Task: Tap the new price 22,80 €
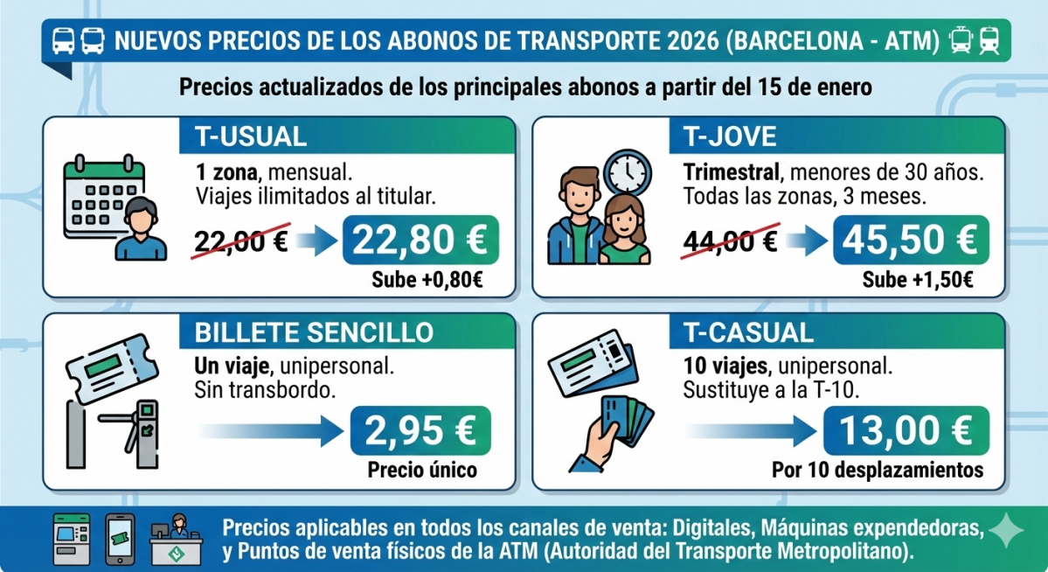(422, 240)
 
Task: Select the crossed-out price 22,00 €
(241, 241)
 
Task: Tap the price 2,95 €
(421, 430)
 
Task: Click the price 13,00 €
(906, 430)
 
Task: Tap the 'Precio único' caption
(422, 471)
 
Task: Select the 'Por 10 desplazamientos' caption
(877, 471)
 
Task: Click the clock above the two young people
(628, 173)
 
